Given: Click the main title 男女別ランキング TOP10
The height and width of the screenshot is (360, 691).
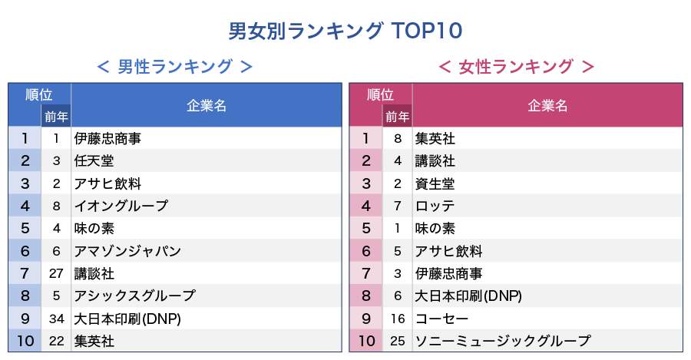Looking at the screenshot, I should pyautogui.click(x=345, y=31).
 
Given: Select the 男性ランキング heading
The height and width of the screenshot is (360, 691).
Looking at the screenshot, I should pyautogui.click(x=175, y=68).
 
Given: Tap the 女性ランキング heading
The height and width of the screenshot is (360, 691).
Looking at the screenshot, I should pyautogui.click(x=516, y=68).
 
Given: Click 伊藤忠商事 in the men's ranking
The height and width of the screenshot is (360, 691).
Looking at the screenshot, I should pyautogui.click(x=107, y=139).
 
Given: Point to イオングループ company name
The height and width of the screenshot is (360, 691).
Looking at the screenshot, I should pyautogui.click(x=121, y=206).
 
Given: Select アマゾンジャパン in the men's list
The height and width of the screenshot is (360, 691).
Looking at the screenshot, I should pyautogui.click(x=127, y=251).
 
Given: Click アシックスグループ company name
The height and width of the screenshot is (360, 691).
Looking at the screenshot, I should pyautogui.click(x=134, y=296).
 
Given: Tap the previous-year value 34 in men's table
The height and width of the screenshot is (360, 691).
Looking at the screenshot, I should pyautogui.click(x=56, y=318).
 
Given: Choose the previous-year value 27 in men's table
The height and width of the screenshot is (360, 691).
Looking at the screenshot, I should pyautogui.click(x=56, y=273).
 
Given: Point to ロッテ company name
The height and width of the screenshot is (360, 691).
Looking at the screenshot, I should pyautogui.click(x=435, y=206).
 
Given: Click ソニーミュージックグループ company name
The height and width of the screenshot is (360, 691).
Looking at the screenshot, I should pyautogui.click(x=503, y=340).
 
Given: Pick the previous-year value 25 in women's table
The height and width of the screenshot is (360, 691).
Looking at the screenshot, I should pyautogui.click(x=397, y=340).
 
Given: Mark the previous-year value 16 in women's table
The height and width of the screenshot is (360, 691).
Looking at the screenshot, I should pyautogui.click(x=397, y=318).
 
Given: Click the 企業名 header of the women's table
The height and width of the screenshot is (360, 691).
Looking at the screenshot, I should pyautogui.click(x=547, y=106).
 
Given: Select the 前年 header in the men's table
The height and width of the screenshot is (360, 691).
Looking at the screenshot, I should pyautogui.click(x=56, y=117).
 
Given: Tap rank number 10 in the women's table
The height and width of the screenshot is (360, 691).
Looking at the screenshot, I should pyautogui.click(x=365, y=340).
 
